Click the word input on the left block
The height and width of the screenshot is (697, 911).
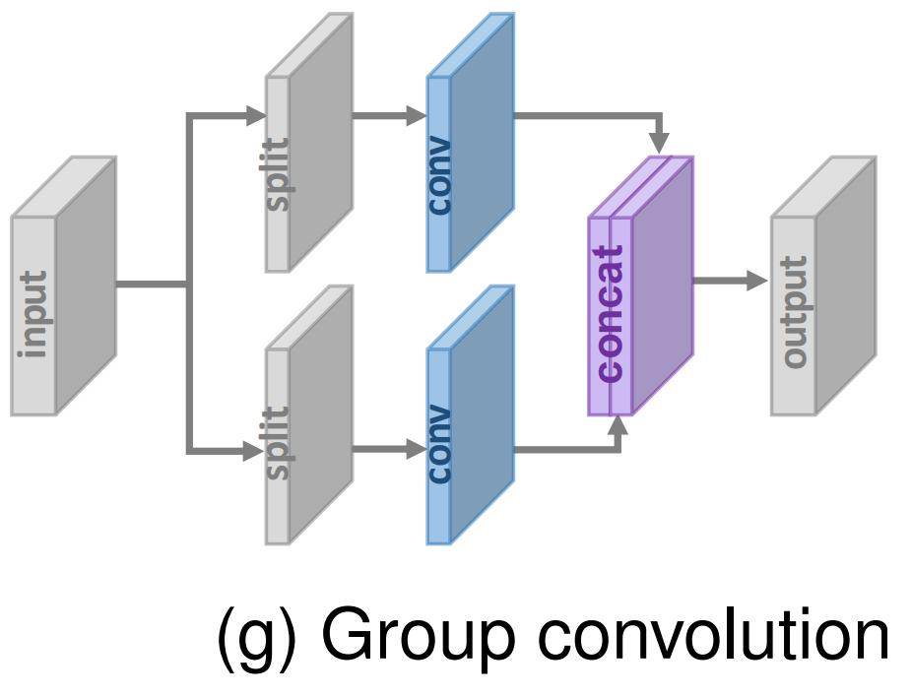coord(34,314)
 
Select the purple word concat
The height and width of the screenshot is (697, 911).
coord(611,314)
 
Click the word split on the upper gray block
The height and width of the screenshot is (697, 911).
coord(279,174)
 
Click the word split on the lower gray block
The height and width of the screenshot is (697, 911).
coord(279,443)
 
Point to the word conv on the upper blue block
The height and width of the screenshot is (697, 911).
coord(439,175)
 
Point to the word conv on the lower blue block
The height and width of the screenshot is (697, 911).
coord(439,444)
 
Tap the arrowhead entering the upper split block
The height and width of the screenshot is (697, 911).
coord(255,116)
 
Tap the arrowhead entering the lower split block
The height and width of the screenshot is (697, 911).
coord(255,452)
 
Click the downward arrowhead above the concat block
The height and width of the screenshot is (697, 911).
coord(659,144)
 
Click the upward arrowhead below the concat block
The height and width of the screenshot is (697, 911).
coord(618,426)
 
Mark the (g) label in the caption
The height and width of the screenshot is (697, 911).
coord(255,637)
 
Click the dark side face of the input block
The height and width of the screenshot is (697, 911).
coord(86,285)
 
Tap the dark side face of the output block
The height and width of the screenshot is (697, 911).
coord(845,285)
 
